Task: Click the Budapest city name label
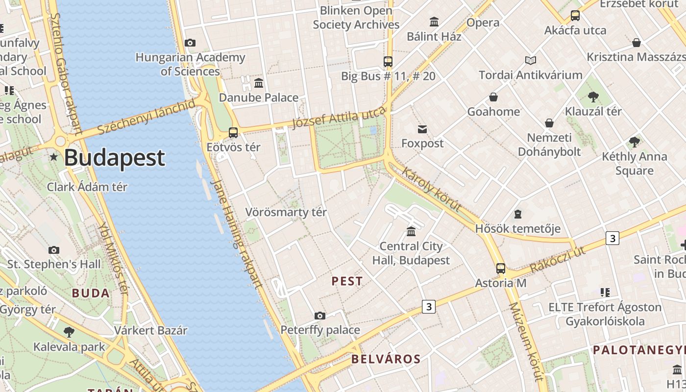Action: [x=114, y=158]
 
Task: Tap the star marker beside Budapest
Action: [x=54, y=157]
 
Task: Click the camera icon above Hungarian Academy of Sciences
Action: [x=190, y=43]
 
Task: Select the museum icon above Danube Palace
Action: [x=259, y=83]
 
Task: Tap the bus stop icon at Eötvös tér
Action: [x=233, y=132]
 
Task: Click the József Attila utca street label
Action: [x=339, y=118]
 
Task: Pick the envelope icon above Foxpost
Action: [x=422, y=129]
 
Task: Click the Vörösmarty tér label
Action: [x=286, y=212]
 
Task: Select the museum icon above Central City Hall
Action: [x=411, y=231]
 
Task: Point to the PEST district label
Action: [x=347, y=281]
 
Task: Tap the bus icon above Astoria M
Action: [x=500, y=269]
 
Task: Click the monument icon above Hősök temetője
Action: [x=518, y=214]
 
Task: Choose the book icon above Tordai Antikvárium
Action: [x=531, y=60]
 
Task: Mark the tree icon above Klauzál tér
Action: [x=593, y=97]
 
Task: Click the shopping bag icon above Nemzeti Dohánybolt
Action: [x=549, y=122]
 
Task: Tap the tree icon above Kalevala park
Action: [x=69, y=332]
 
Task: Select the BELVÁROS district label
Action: [x=386, y=359]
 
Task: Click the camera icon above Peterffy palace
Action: [x=320, y=316]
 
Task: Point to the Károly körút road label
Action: [x=431, y=189]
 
